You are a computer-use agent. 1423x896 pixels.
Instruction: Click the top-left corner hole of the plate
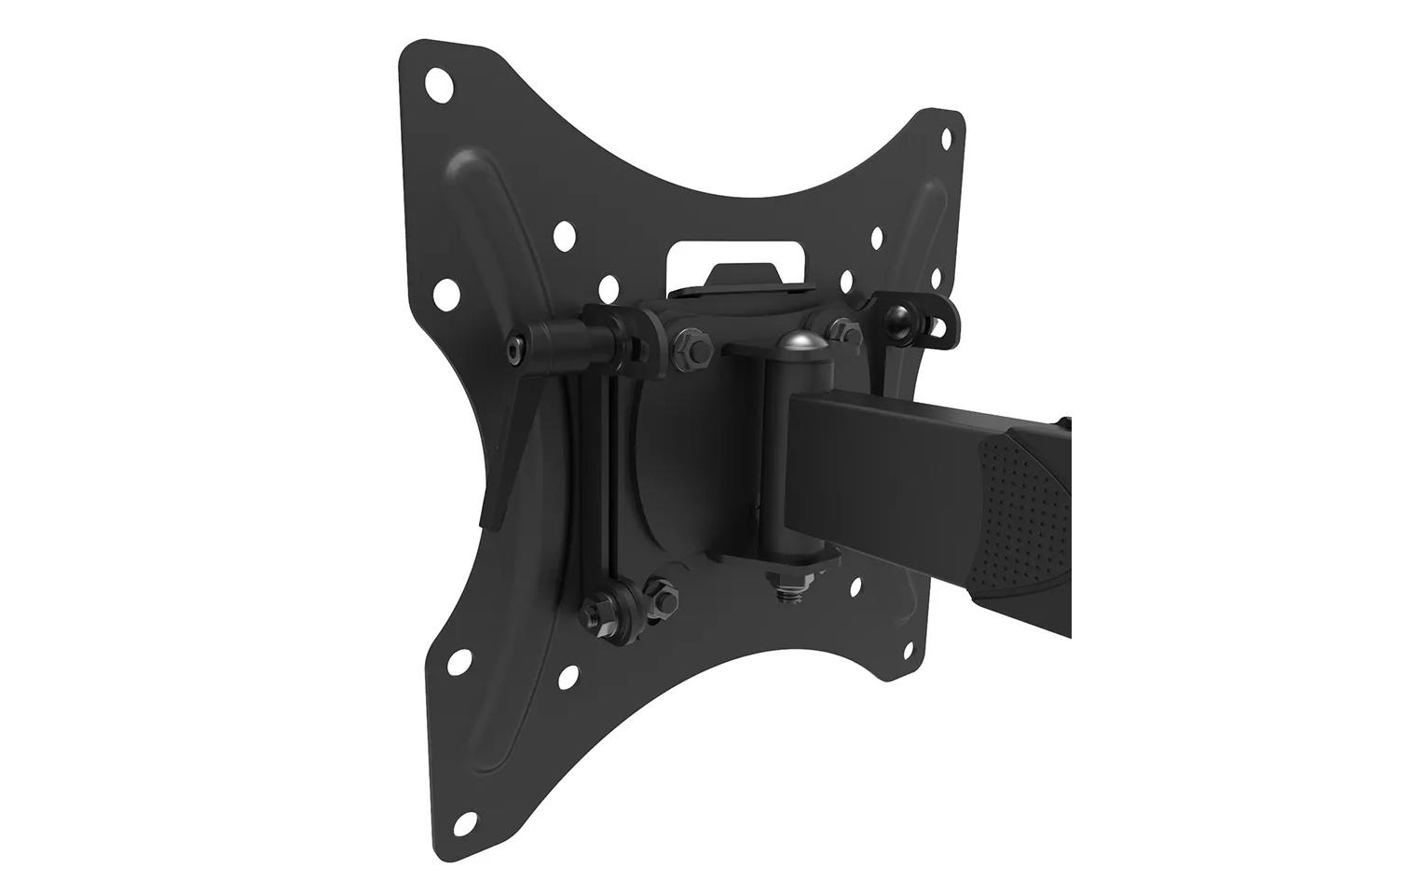438,86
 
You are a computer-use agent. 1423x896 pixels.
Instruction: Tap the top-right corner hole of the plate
946,138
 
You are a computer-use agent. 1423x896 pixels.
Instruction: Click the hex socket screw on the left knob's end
513,348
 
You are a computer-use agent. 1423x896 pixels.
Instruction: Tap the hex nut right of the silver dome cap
841,328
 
